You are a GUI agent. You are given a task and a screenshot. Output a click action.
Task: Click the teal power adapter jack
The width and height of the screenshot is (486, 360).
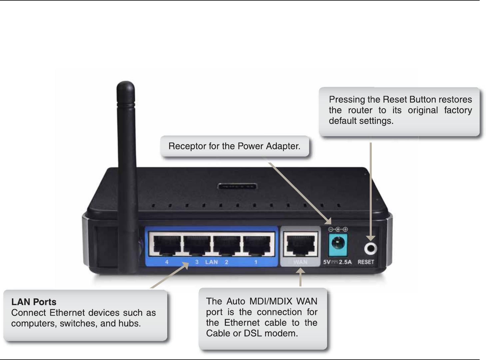click(338, 245)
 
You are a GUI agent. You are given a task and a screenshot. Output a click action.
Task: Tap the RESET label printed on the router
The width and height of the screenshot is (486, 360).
click(366, 262)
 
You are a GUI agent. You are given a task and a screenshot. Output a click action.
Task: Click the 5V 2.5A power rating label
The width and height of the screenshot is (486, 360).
click(337, 262)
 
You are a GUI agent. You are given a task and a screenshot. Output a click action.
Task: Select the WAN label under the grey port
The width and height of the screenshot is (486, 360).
click(300, 262)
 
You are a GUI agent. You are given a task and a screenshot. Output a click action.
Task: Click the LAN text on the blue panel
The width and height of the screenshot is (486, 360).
click(212, 262)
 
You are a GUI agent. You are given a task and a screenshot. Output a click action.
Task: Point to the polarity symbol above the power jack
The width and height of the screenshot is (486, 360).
click(338, 229)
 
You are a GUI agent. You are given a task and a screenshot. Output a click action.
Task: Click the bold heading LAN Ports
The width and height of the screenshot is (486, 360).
click(34, 302)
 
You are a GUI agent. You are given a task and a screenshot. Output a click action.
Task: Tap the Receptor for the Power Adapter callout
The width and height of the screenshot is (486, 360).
click(235, 146)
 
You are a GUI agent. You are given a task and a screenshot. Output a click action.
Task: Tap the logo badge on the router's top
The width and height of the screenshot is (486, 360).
click(237, 186)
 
